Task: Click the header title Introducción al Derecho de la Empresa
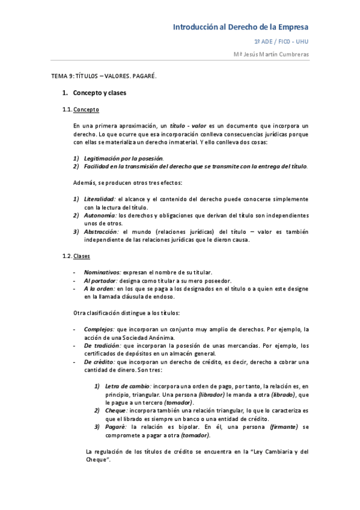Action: tap(240, 27)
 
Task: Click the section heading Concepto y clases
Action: tap(99, 93)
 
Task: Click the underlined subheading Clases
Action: tap(82, 256)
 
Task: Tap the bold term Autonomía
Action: tap(99, 215)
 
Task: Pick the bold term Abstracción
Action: tap(102, 232)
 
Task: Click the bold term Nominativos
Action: tap(102, 272)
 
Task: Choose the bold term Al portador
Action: tap(100, 280)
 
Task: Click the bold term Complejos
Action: tap(99, 330)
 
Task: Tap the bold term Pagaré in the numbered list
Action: tap(115, 427)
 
